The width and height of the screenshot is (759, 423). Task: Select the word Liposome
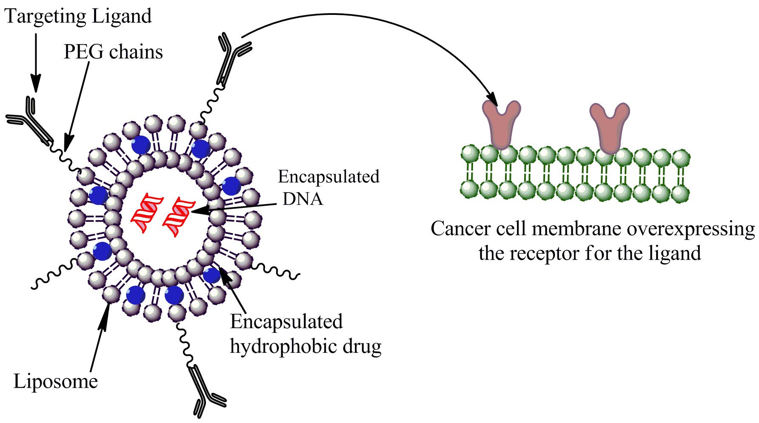[56, 381]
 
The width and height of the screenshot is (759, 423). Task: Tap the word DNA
[303, 199]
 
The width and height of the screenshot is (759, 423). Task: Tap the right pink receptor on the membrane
[609, 127]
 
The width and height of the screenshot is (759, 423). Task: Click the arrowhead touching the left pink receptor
[492, 99]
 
